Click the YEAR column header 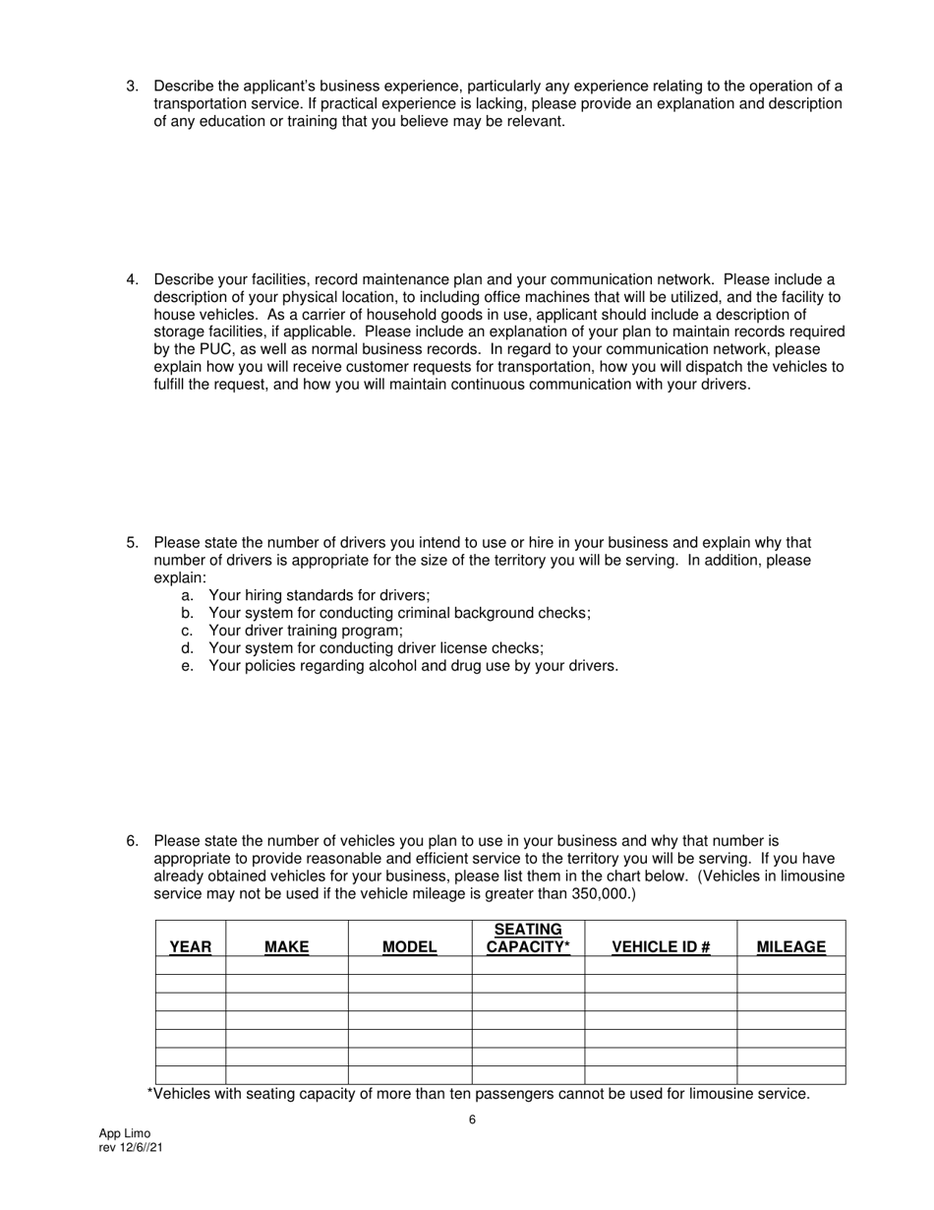[190, 946]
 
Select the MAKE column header [286, 946]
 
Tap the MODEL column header [409, 946]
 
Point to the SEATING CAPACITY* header [528, 938]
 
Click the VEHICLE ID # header [661, 946]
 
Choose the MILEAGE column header [790, 946]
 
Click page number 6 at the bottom [472, 1119]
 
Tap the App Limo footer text [125, 1133]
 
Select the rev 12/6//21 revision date [131, 1147]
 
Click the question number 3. [132, 87]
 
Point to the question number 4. [132, 279]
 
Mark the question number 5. [132, 543]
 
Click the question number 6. [132, 841]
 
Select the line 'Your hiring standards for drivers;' [320, 595]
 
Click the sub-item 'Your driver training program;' [306, 631]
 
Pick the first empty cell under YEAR [190, 965]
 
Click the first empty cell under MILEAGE [790, 965]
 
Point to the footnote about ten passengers [478, 1094]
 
